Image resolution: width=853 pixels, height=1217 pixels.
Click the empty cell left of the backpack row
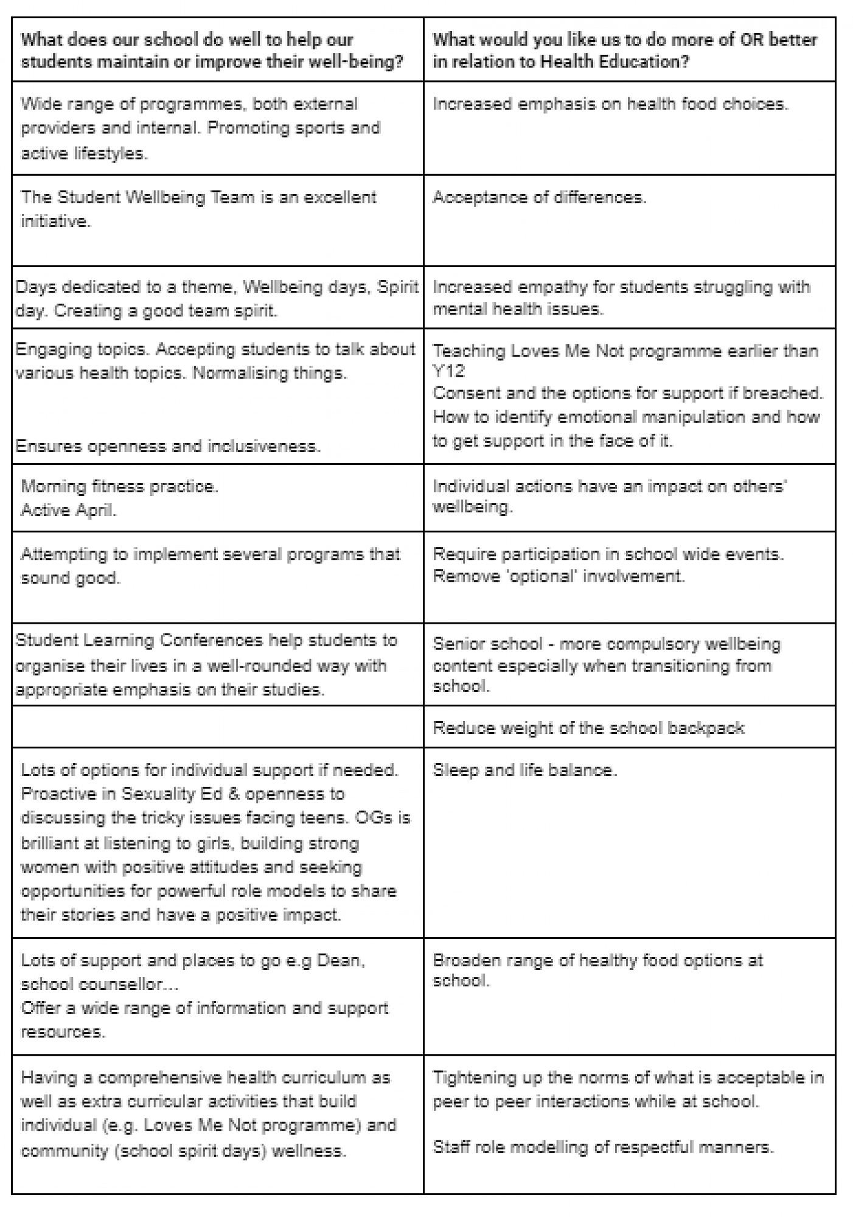tap(217, 727)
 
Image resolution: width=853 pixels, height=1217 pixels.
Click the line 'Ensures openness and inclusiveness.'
tap(168, 447)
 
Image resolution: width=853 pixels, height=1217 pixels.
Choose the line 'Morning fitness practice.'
tap(119, 487)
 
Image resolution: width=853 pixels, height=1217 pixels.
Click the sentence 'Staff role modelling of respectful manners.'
tap(602, 1148)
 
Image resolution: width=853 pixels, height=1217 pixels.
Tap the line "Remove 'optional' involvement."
tap(558, 576)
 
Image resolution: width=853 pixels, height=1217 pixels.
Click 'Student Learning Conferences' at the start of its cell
tap(139, 641)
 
